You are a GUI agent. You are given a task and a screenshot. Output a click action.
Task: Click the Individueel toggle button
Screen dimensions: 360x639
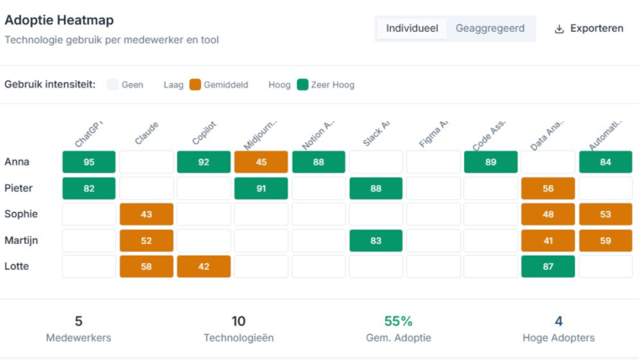(x=411, y=29)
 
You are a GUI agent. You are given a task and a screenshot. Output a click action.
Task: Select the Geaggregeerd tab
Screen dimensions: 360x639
(x=490, y=29)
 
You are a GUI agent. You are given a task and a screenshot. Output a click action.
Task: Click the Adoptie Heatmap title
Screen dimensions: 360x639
(x=59, y=20)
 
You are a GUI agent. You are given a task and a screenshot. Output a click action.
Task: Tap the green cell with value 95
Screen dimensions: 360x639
(x=89, y=162)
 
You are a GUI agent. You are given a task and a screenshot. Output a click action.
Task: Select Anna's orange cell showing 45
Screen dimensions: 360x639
(x=261, y=162)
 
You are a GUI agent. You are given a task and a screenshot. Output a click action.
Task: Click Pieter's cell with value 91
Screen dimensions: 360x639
(x=261, y=188)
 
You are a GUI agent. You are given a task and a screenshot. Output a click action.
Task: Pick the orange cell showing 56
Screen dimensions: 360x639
(x=548, y=188)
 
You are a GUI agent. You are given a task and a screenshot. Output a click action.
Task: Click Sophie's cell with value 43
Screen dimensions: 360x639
(x=146, y=214)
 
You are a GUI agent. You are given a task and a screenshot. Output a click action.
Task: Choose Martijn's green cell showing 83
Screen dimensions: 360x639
(x=376, y=241)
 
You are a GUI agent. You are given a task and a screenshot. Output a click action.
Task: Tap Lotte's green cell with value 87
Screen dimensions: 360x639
(x=548, y=267)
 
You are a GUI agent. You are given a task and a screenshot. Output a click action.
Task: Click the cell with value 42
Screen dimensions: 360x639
(x=203, y=267)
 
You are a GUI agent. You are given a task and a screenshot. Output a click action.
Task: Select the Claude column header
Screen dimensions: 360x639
(x=145, y=133)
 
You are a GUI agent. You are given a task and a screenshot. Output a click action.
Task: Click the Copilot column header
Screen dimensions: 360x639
(x=203, y=133)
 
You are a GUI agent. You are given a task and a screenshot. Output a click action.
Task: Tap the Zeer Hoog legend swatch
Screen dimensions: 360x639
(x=304, y=85)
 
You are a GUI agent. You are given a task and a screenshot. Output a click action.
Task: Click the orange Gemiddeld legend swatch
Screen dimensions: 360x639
(x=195, y=85)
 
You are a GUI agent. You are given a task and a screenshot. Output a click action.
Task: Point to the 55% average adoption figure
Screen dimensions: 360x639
(x=398, y=321)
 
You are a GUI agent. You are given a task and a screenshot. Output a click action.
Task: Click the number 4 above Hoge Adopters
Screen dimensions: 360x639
(x=558, y=321)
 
